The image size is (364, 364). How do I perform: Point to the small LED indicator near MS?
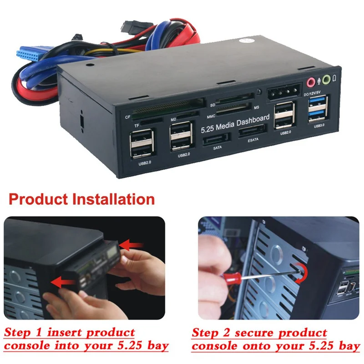(x=258, y=92)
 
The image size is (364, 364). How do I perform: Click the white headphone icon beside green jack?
(x=335, y=78)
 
